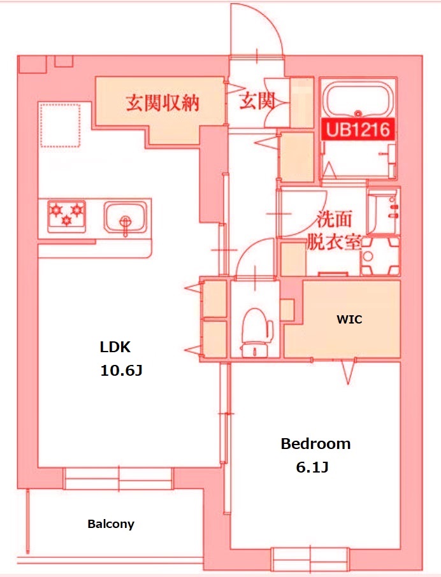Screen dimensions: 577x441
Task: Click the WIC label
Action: tap(349, 320)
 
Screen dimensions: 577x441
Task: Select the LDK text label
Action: tap(115, 347)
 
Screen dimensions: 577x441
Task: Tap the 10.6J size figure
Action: tap(120, 370)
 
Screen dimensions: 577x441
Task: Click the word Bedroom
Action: tap(315, 444)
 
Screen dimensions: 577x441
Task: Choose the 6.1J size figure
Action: tap(312, 467)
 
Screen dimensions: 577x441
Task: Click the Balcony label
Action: tap(111, 524)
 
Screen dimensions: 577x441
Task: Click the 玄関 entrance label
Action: tap(256, 101)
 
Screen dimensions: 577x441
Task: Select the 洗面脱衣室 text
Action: tap(334, 231)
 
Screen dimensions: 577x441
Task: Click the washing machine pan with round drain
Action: tap(379, 257)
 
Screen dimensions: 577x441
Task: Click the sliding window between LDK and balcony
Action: tap(118, 478)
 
